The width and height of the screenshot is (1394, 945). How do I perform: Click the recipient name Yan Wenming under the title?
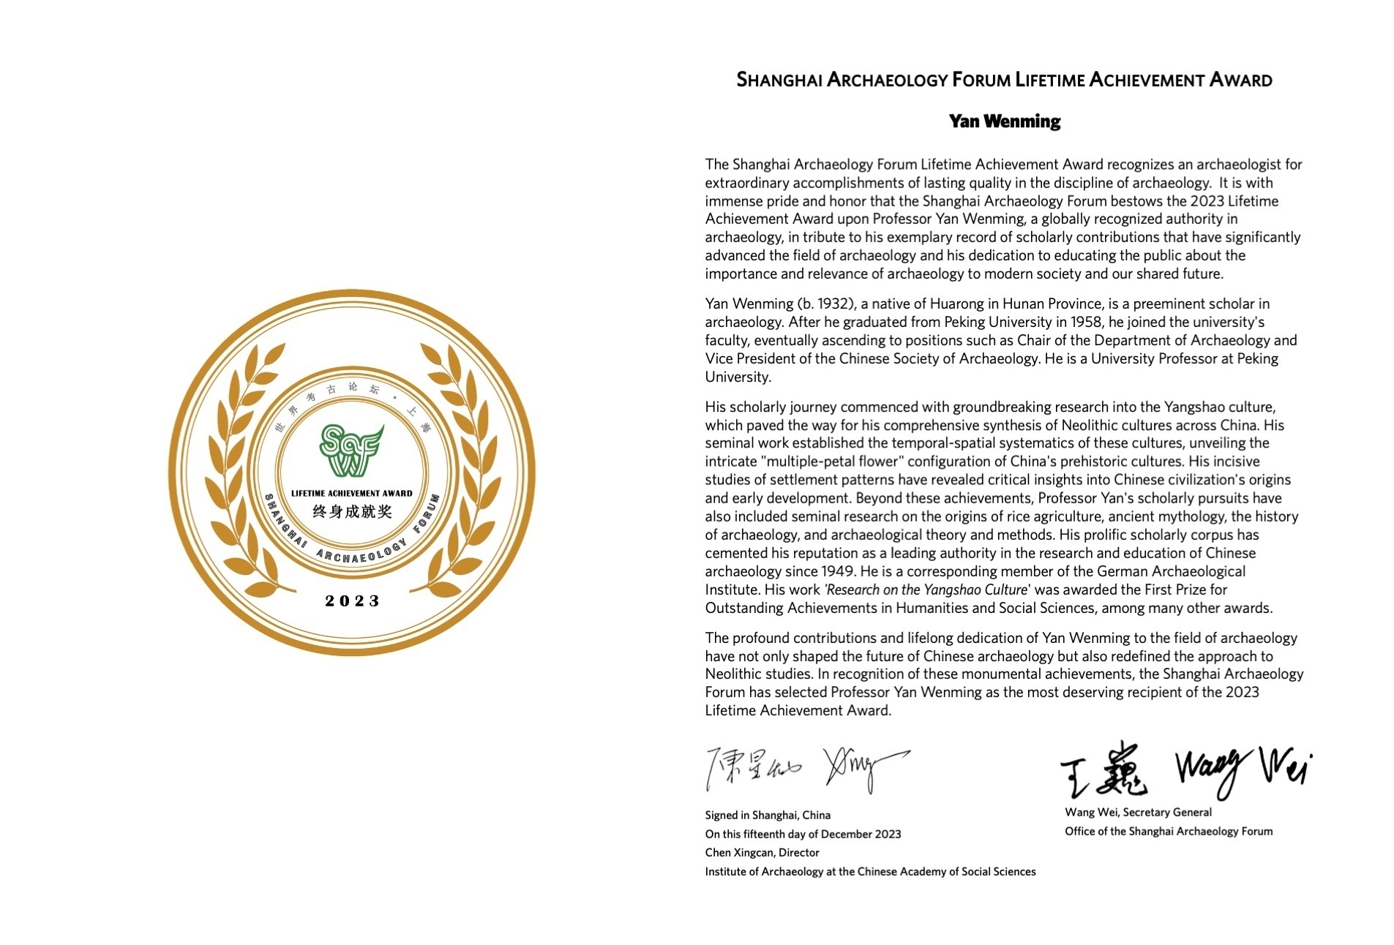1004,121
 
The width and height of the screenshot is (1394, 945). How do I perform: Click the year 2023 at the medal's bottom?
353,601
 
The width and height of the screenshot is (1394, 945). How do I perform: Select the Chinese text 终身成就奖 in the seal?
352,511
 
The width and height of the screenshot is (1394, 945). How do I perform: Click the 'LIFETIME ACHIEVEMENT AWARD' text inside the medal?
352,493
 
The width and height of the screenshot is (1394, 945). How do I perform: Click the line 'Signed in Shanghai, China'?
768,815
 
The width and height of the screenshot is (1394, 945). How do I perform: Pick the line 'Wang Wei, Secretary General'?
1138,812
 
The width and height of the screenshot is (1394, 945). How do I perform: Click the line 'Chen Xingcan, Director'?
762,852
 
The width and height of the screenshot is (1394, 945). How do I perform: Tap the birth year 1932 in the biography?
831,304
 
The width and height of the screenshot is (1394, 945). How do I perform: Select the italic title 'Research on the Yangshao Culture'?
926,590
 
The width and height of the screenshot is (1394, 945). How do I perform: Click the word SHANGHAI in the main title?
779,80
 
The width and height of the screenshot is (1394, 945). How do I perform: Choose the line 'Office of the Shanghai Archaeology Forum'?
1169,831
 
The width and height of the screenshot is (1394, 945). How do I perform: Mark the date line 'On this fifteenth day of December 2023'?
803,834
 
